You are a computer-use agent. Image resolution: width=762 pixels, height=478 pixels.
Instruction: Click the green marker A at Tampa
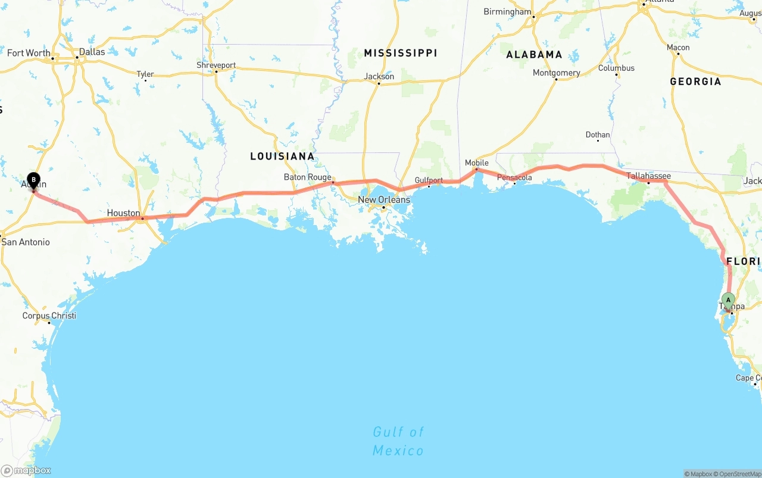(728, 300)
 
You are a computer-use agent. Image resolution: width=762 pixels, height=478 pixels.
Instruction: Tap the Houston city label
(124, 213)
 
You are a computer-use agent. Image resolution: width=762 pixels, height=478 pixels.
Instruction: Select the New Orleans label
(384, 199)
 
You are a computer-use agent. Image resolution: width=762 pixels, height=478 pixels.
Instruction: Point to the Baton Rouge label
(307, 177)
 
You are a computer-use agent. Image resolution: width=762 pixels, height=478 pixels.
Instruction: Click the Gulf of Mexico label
(398, 440)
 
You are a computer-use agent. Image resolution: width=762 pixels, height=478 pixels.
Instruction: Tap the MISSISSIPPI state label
(401, 53)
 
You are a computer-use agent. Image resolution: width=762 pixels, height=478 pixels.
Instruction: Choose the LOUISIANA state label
(282, 156)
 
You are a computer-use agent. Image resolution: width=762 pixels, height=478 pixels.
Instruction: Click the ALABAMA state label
(534, 54)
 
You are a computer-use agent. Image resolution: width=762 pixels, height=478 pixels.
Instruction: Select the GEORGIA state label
(695, 81)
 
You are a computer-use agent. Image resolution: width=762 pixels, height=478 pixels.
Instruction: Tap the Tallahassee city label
(648, 176)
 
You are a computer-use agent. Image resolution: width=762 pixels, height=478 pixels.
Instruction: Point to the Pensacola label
(514, 177)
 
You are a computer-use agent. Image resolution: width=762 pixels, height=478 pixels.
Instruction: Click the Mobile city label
(476, 163)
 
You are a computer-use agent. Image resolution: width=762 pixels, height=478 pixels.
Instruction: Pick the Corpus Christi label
(49, 315)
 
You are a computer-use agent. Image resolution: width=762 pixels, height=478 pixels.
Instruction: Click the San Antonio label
(26, 242)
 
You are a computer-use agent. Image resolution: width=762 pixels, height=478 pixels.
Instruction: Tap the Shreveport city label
(217, 65)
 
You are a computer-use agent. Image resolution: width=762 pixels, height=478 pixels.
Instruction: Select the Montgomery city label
(557, 73)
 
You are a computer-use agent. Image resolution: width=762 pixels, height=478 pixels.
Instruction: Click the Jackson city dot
(379, 83)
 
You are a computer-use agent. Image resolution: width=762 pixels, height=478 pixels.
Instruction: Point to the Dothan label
(598, 135)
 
